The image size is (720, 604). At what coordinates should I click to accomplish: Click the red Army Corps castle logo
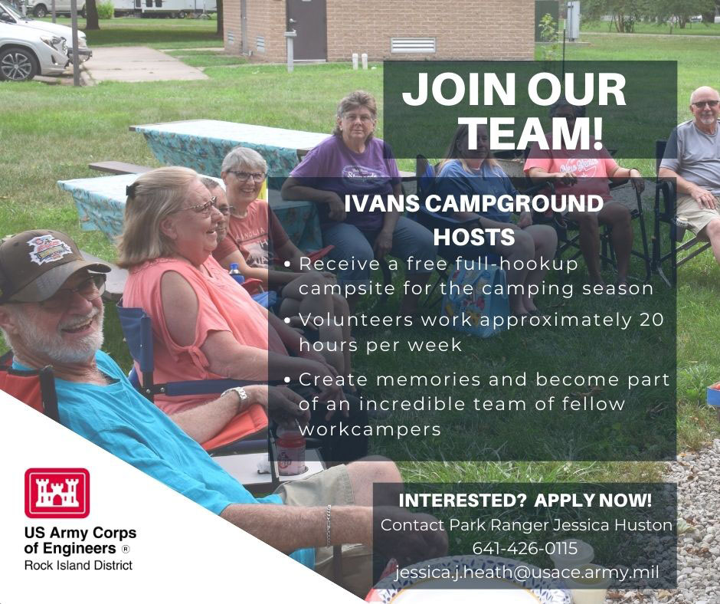tap(57, 493)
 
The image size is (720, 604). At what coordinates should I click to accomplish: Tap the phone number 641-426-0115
tap(525, 548)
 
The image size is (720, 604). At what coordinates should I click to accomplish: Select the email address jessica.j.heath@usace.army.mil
tap(527, 573)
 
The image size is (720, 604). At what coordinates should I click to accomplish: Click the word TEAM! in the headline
tap(533, 133)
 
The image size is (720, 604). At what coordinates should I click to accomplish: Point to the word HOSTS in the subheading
tap(474, 237)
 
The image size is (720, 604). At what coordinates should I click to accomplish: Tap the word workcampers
tap(370, 429)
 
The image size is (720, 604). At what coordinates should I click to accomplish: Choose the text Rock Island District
tap(79, 565)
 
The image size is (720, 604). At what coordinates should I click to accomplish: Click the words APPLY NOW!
tap(593, 500)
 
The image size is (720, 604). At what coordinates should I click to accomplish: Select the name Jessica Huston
tap(613, 525)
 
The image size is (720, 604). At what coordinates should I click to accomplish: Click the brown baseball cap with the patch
tap(44, 264)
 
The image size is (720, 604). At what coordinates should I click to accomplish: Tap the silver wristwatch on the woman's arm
tap(237, 397)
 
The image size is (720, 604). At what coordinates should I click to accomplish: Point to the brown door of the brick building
tap(306, 30)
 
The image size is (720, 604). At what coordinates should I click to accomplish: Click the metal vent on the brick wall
tap(413, 45)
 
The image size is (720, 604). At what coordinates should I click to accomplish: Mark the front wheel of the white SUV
tap(18, 64)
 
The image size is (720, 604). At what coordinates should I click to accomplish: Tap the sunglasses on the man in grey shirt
tap(705, 104)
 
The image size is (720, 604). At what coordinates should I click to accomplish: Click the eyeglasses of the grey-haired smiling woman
tap(247, 176)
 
